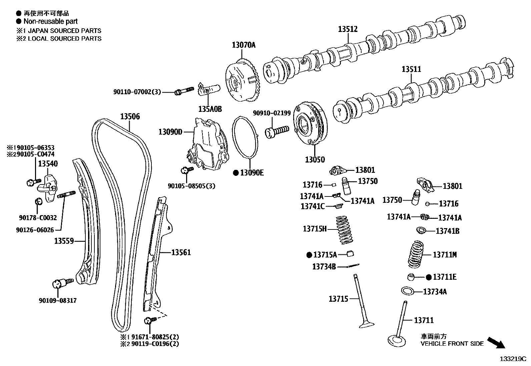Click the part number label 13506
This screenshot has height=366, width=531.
click(130, 117)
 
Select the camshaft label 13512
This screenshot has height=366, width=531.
click(348, 29)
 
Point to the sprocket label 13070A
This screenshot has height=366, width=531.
click(243, 45)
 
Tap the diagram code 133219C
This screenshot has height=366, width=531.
click(512, 359)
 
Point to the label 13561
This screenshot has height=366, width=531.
click(181, 252)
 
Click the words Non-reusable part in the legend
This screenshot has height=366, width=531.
click(50, 21)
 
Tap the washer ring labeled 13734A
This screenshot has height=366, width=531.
click(407, 291)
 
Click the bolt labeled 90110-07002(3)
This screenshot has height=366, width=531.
click(183, 91)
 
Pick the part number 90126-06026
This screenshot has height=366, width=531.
click(35, 230)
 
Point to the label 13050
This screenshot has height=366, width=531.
click(315, 160)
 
